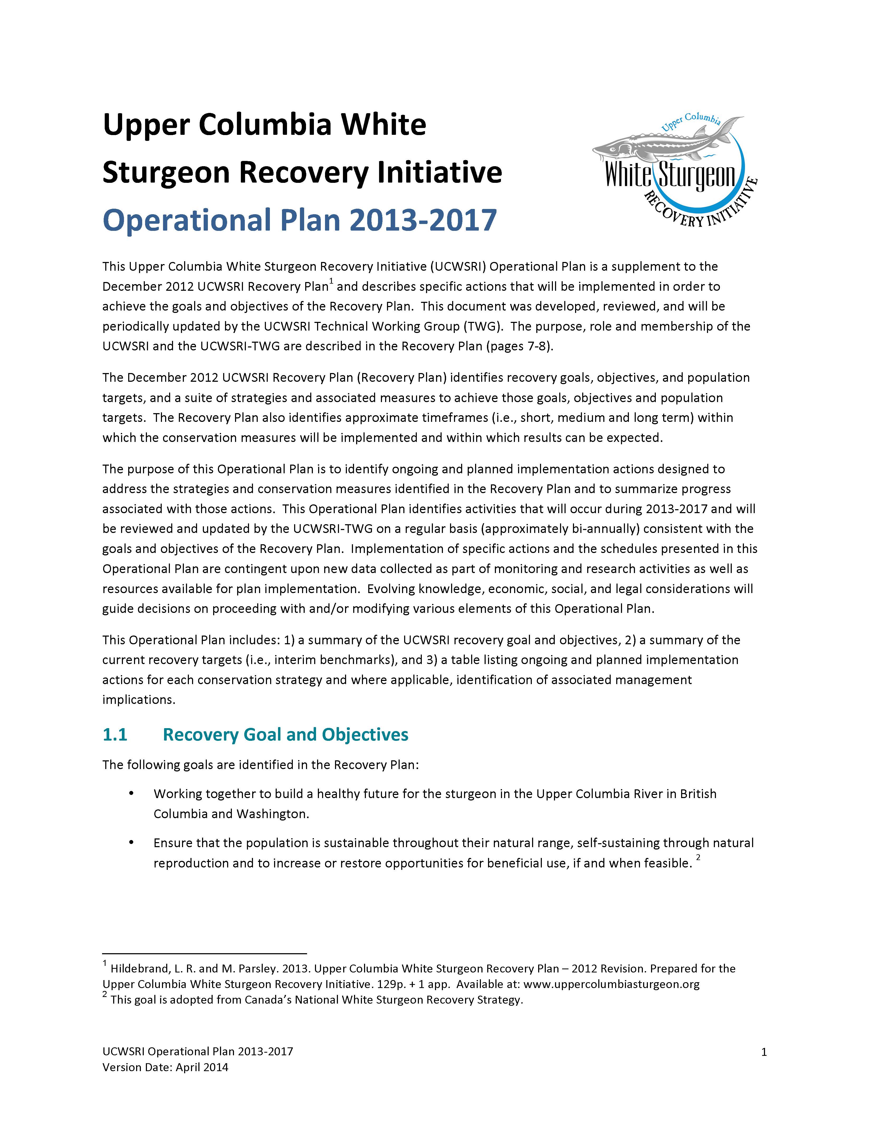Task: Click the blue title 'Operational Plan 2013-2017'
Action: (299, 220)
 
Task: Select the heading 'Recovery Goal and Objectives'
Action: (285, 735)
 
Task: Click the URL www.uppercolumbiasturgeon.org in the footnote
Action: (611, 984)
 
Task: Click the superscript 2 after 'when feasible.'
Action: (698, 857)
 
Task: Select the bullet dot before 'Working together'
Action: (131, 794)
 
